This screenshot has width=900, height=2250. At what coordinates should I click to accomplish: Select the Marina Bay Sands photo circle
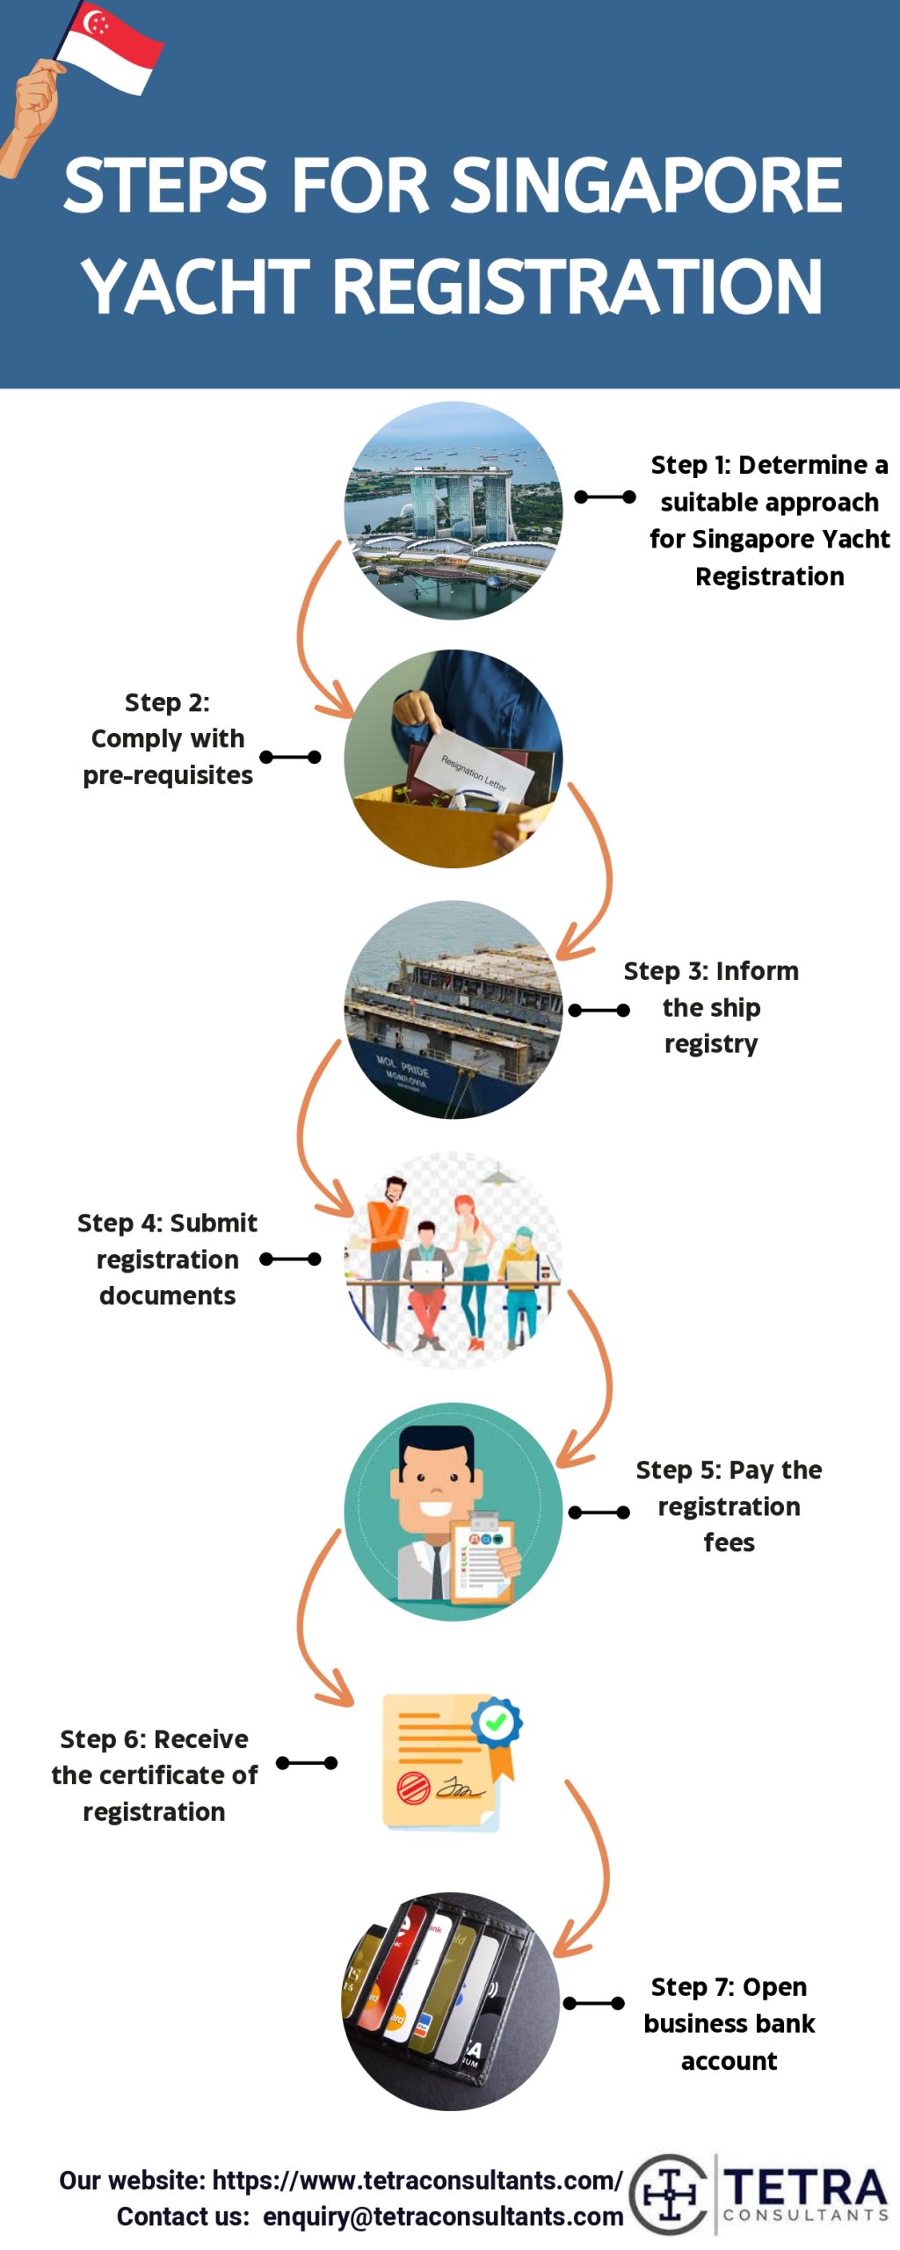(x=453, y=511)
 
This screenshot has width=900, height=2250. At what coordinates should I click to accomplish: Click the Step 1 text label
(x=769, y=519)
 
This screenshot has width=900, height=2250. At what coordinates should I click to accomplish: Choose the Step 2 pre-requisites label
(x=167, y=739)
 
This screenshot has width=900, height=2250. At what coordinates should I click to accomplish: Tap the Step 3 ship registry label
(x=711, y=1007)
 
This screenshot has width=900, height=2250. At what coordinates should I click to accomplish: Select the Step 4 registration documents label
(x=167, y=1259)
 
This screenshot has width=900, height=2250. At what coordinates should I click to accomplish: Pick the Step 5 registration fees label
(x=729, y=1506)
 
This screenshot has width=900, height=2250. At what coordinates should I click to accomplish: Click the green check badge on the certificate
(x=496, y=1722)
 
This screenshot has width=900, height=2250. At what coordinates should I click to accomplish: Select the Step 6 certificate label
(x=154, y=1775)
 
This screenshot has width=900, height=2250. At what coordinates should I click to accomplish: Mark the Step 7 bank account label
(x=729, y=2024)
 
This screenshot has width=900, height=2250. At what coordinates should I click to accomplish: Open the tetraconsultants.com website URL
(x=417, y=2181)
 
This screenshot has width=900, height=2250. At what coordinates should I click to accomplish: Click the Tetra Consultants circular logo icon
(x=669, y=2195)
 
